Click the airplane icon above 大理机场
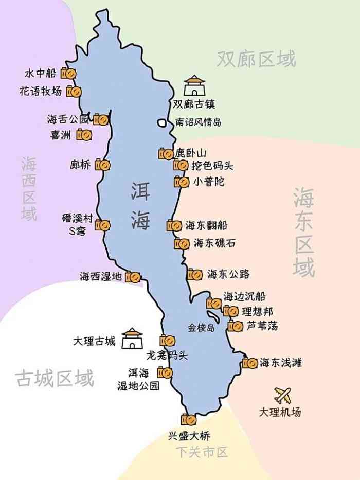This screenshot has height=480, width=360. coord(282,395)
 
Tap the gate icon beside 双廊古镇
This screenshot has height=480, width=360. coord(194,86)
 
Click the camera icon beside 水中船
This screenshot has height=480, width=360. coord(69,74)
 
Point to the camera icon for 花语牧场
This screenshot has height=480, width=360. coord(74,92)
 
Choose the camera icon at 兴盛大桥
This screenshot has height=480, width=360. coord(189,420)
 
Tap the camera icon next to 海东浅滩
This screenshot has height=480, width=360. coord(249,363)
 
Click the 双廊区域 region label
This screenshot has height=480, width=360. coord(256,59)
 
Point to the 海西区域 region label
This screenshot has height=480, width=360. coord(29,188)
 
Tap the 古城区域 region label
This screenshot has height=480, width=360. coord(55,378)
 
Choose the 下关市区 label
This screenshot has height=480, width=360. coord(202,452)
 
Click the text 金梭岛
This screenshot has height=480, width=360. coord(201,327)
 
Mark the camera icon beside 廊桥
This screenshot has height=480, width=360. coord(103,165)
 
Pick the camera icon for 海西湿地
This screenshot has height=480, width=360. coord(133,277)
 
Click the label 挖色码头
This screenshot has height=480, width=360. coord(212,166)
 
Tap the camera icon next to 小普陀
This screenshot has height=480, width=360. coord(181,182)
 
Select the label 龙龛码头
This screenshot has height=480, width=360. coord(167,355)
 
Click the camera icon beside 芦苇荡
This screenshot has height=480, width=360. coord(235,326)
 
